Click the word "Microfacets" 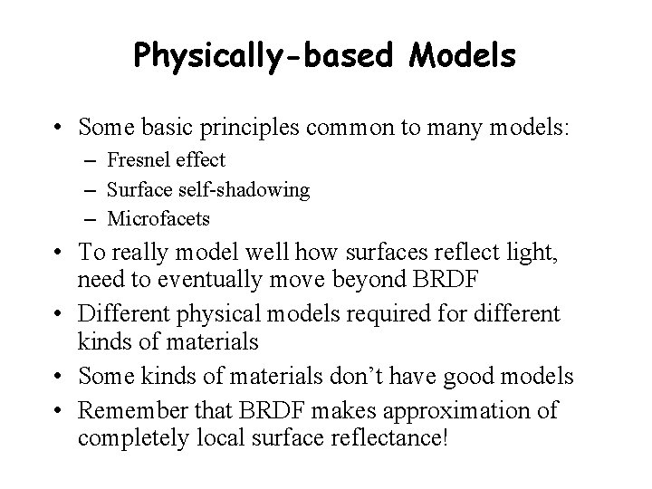click(158, 218)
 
